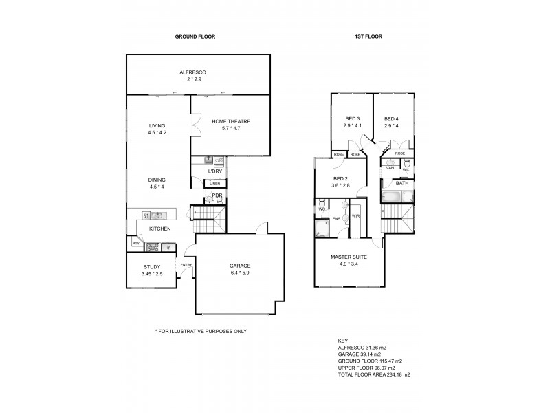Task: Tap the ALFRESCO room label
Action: click(x=193, y=72)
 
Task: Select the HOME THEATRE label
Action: click(x=230, y=121)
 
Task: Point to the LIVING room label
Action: click(x=157, y=125)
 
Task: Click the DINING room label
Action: click(x=157, y=179)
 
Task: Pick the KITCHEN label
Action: click(x=159, y=229)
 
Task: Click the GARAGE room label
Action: click(x=239, y=266)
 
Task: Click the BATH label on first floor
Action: click(x=401, y=184)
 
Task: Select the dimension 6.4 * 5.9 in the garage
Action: click(x=239, y=273)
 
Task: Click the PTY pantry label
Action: click(x=135, y=244)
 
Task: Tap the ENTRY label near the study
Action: click(x=186, y=265)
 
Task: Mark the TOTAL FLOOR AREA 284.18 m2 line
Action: click(x=373, y=374)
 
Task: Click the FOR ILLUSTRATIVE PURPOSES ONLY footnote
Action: click(x=201, y=331)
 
